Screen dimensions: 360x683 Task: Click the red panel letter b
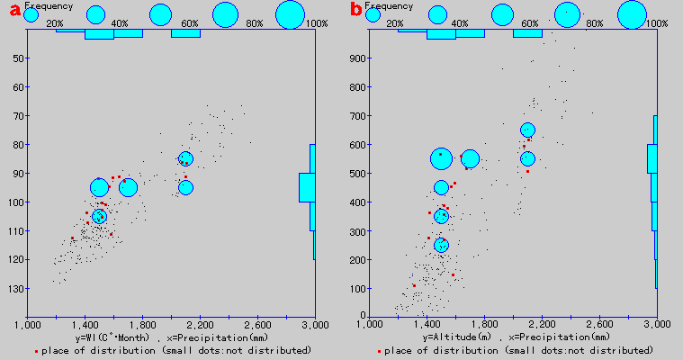(355, 11)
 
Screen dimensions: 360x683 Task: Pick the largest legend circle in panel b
(633, 14)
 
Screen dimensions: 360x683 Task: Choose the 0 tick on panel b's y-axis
(362, 315)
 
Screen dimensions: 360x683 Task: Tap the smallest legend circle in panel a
(31, 15)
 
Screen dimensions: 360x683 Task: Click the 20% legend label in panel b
(396, 22)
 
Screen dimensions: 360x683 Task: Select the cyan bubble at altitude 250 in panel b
(441, 245)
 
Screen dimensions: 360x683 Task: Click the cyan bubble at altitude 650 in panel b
(527, 130)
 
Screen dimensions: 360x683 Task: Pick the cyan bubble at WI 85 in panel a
(185, 159)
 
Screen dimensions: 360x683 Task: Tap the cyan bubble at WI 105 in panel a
(99, 216)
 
